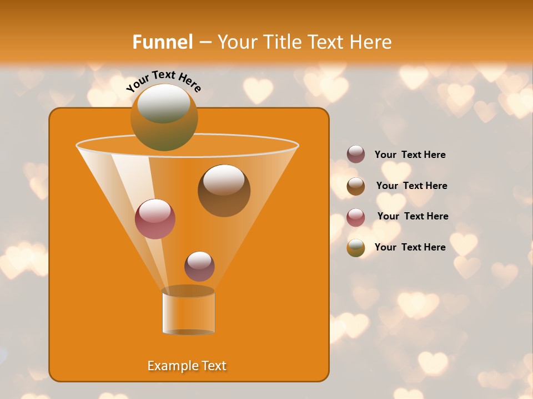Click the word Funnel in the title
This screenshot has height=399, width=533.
[162, 42]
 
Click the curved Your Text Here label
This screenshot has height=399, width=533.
[164, 81]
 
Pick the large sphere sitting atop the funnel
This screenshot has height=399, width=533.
[164, 117]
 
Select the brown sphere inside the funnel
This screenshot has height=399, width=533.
[224, 190]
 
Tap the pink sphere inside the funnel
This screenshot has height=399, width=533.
[155, 218]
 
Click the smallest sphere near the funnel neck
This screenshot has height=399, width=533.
[199, 266]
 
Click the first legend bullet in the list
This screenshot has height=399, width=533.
[356, 155]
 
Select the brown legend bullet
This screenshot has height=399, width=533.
[356, 186]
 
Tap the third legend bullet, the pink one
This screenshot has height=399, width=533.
[356, 217]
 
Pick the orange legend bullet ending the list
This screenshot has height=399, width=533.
[356, 248]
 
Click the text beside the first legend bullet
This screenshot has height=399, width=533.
[410, 155]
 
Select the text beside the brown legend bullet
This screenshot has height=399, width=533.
[411, 186]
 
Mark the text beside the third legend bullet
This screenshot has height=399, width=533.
[413, 216]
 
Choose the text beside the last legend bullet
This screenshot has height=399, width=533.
[410, 247]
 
